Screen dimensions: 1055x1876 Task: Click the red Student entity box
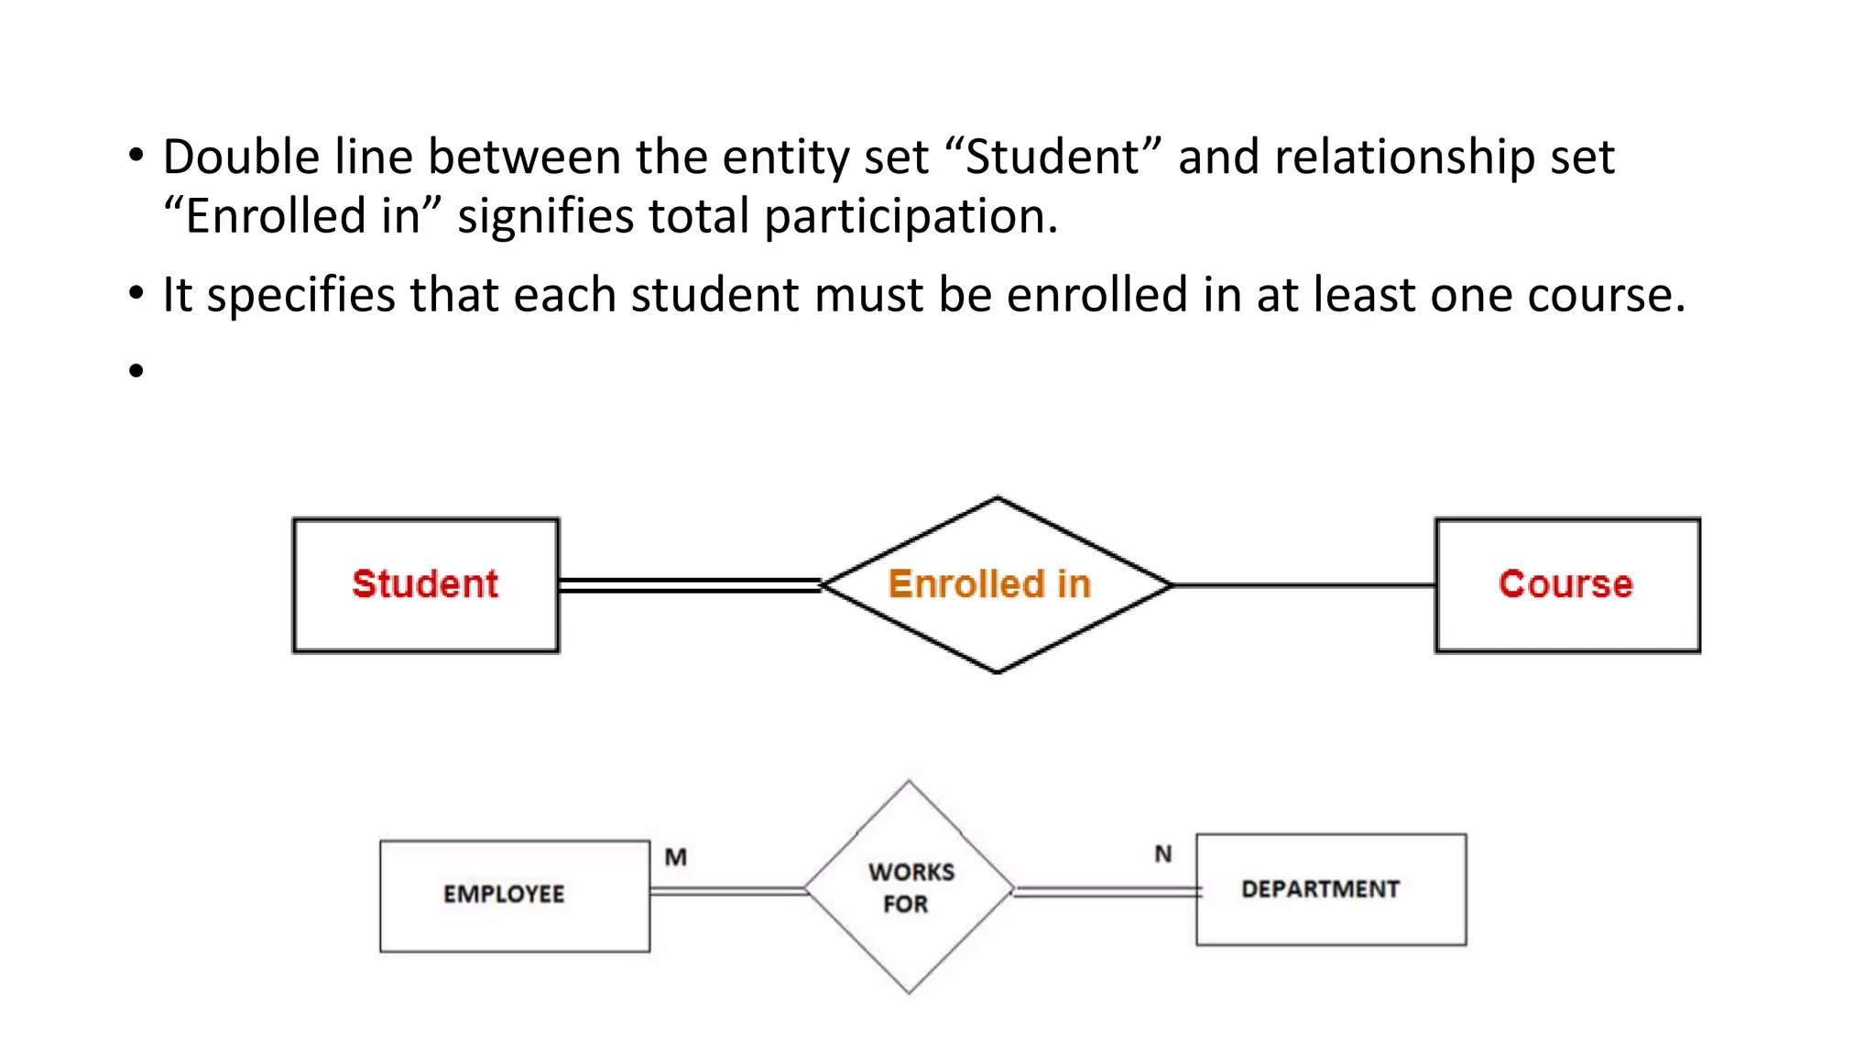tap(426, 585)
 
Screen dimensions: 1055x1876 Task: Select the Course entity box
tap(1567, 585)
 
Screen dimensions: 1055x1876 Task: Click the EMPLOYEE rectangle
tap(515, 896)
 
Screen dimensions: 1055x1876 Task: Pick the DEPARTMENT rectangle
tap(1331, 889)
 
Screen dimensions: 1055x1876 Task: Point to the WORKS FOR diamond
tap(909, 887)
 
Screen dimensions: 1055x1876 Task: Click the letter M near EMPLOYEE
tap(676, 857)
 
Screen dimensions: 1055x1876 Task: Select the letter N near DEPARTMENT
tap(1163, 854)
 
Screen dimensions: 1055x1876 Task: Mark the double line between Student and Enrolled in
tap(690, 585)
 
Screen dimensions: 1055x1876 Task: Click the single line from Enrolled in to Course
tap(1303, 585)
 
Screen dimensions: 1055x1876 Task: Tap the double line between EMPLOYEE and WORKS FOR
tap(727, 890)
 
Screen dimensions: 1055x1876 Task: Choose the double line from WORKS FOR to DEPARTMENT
tap(1106, 891)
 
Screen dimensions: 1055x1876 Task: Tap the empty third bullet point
tap(136, 371)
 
